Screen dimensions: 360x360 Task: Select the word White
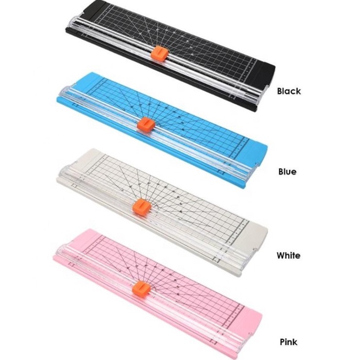tap(288, 256)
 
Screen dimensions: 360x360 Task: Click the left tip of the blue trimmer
tap(59, 98)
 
